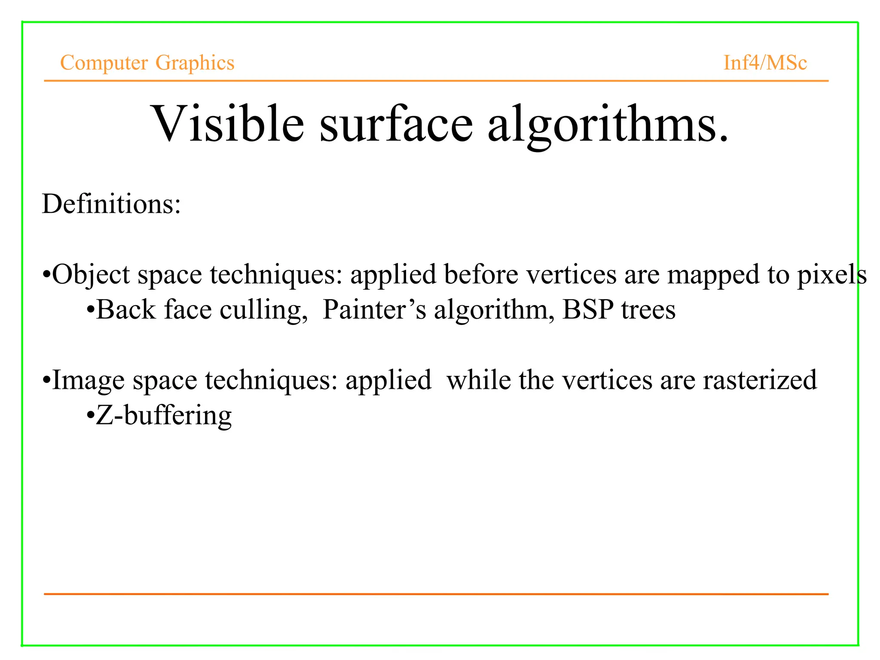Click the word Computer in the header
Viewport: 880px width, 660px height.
click(x=104, y=63)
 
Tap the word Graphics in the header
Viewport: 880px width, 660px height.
click(x=195, y=63)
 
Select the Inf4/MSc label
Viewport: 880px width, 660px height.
click(x=765, y=63)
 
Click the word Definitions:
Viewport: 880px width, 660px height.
click(x=111, y=204)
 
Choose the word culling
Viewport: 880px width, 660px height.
click(x=263, y=310)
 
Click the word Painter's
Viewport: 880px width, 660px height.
click(x=374, y=310)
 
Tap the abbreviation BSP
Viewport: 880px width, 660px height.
click(x=588, y=310)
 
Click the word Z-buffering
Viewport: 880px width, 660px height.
click(x=163, y=416)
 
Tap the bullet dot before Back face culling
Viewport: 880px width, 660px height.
click(x=90, y=310)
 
